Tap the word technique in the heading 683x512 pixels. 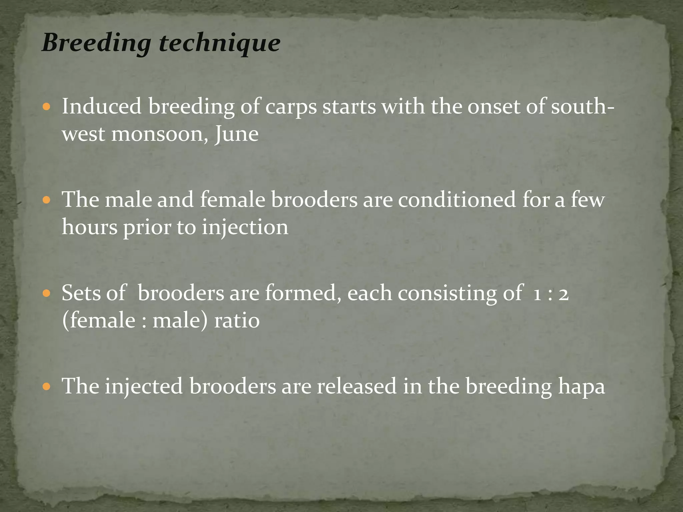219,43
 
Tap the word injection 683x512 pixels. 245,228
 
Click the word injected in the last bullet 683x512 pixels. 144,387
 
